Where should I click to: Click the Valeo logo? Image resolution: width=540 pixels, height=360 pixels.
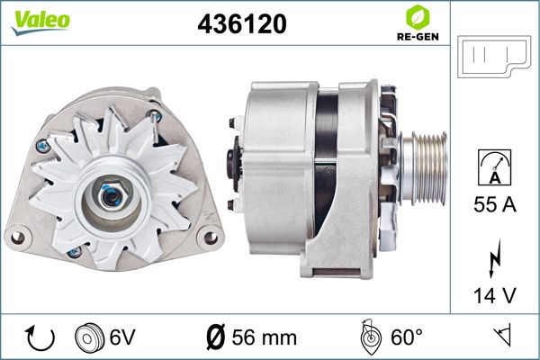[x=40, y=22]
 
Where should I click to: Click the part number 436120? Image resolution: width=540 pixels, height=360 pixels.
[x=242, y=23]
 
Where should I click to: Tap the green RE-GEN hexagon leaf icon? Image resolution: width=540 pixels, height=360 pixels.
[x=418, y=17]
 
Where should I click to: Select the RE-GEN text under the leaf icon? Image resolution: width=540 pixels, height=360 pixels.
[x=418, y=37]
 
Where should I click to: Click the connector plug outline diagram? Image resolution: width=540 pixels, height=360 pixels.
[x=494, y=56]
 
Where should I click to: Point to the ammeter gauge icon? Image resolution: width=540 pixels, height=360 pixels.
[x=494, y=167]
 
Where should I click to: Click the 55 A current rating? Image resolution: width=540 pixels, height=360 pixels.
[x=495, y=204]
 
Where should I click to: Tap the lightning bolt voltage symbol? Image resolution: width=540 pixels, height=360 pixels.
[x=494, y=258]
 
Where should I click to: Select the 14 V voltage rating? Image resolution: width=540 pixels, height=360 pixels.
[x=495, y=295]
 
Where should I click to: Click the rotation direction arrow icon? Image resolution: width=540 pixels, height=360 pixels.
[x=40, y=338]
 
